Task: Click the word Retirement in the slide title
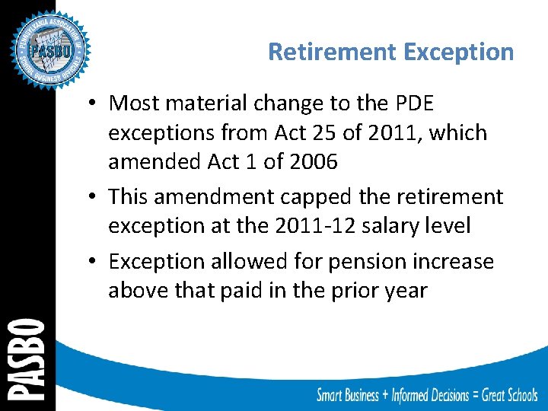pos(333,52)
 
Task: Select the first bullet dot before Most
pos(92,104)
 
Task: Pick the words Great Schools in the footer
pos(499,395)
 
